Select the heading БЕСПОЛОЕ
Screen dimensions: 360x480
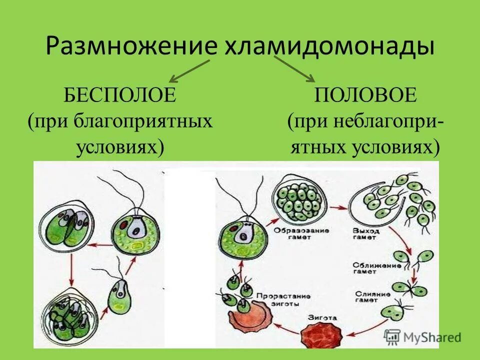(120, 94)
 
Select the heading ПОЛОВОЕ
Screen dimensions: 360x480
(365, 94)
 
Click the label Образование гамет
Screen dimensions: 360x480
(295, 233)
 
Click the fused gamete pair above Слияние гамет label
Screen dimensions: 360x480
(403, 288)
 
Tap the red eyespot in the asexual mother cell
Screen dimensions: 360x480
(122, 224)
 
